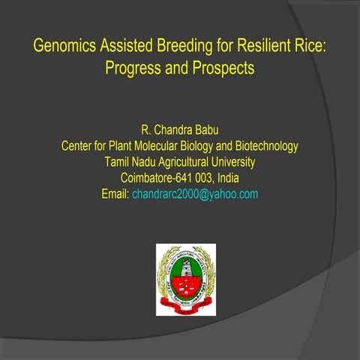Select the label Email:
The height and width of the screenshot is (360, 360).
point(115,194)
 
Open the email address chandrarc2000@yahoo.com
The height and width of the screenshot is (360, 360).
point(195,194)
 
